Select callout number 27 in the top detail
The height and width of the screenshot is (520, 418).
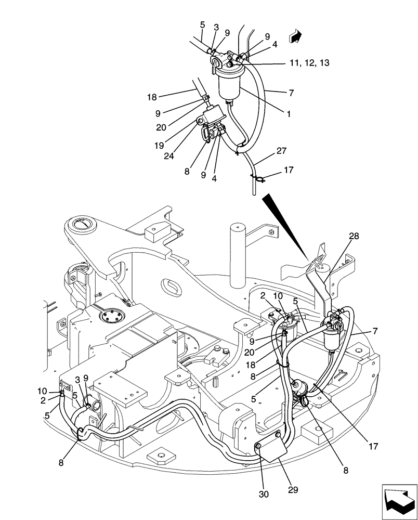pos(281,151)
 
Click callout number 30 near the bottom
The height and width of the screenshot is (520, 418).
pos(264,494)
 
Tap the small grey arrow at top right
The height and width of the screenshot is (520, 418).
pos(296,35)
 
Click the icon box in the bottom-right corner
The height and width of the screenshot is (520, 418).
pos(399,501)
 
